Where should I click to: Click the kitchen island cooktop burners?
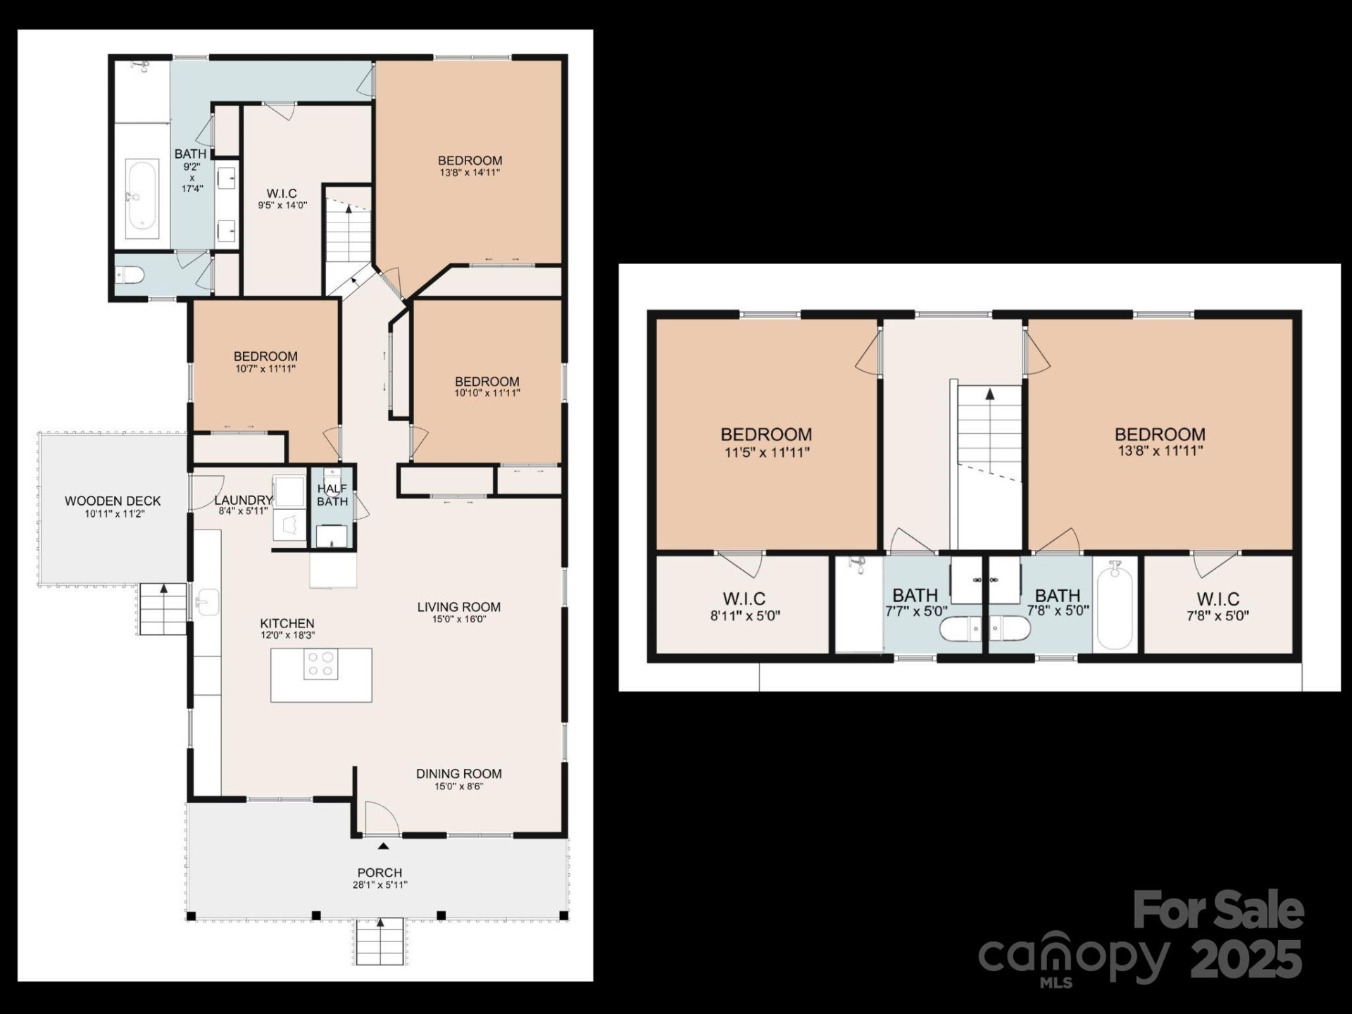click(x=320, y=664)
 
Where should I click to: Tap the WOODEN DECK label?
click(x=113, y=501)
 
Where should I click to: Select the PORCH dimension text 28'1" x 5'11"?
click(x=380, y=885)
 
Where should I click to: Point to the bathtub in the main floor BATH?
click(x=142, y=194)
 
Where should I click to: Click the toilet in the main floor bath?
click(x=130, y=274)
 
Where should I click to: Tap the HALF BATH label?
click(x=332, y=495)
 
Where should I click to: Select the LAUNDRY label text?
click(x=243, y=500)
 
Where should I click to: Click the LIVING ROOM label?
click(x=458, y=607)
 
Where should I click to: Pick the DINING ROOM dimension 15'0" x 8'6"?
click(x=458, y=786)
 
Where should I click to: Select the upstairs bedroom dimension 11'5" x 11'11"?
click(x=767, y=453)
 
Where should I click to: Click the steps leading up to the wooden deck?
click(x=163, y=610)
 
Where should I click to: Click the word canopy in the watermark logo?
click(x=1073, y=957)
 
